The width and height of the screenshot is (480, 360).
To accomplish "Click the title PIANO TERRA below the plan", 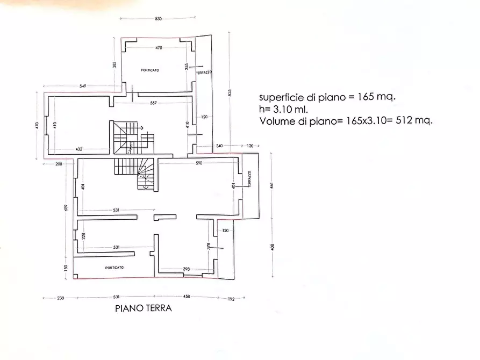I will [143, 308].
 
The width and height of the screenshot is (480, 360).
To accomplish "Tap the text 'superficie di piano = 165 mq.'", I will [327, 97].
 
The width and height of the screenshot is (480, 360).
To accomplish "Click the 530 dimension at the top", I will [158, 19].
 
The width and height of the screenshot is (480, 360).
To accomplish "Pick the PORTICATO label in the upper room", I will [150, 70].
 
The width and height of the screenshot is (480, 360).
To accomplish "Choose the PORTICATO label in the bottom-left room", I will [114, 268].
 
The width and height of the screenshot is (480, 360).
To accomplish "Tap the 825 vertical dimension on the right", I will [231, 92].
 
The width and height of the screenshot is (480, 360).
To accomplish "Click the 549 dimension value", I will [82, 86].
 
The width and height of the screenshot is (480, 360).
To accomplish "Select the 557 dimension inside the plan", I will [153, 103].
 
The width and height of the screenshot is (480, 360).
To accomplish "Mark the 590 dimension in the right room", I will [198, 163].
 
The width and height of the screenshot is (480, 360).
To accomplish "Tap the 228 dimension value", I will [83, 236].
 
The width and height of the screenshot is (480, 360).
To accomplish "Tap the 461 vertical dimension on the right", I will [273, 186].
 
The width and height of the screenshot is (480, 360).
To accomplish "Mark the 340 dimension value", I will [219, 146].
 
